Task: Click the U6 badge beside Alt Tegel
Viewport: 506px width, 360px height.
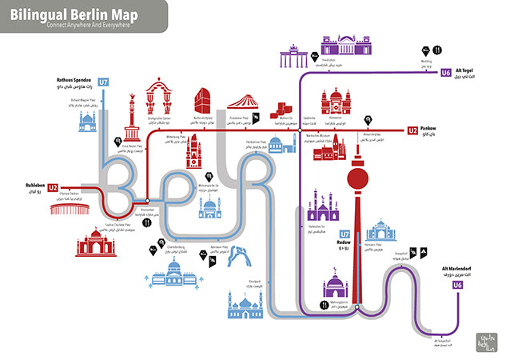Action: [445, 74]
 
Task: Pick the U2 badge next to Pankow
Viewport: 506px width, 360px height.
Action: [412, 130]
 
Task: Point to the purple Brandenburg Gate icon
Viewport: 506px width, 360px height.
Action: [289, 58]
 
